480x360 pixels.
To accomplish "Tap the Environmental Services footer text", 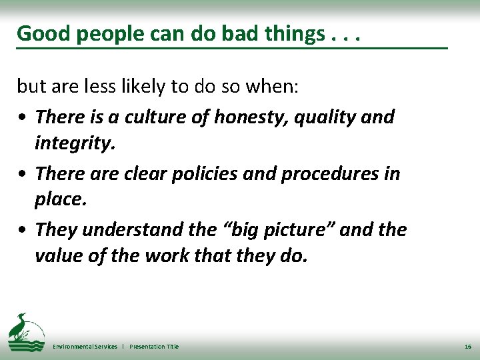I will [85, 347].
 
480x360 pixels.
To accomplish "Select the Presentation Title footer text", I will [154, 347].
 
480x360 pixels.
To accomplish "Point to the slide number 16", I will [466, 347].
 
